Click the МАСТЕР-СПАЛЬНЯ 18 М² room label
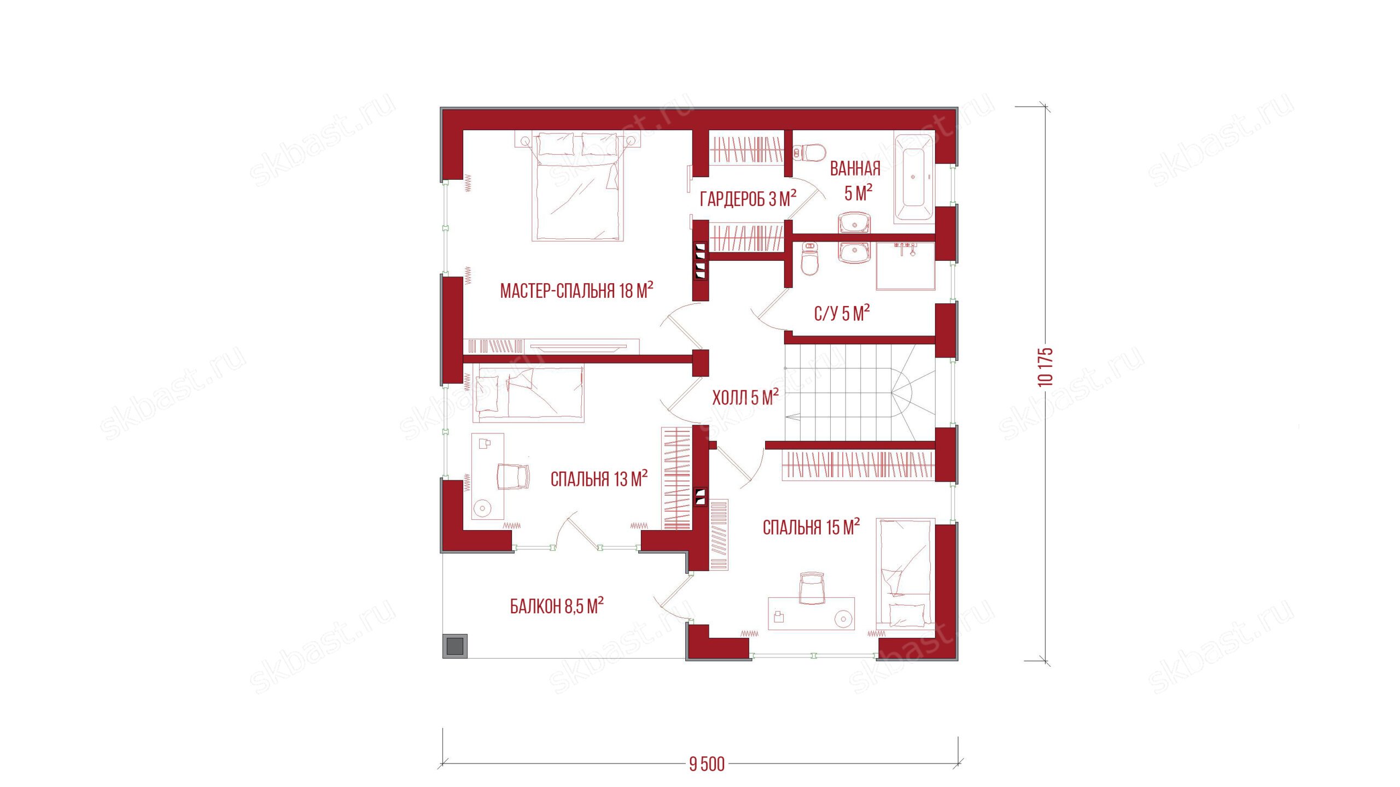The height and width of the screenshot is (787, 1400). (576, 290)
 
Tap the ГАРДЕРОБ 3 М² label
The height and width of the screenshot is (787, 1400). (748, 198)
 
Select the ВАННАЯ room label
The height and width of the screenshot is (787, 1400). (855, 169)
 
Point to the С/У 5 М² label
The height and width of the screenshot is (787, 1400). (842, 313)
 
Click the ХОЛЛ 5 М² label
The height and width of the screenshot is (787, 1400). (745, 397)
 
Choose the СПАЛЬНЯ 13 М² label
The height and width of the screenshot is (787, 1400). (599, 479)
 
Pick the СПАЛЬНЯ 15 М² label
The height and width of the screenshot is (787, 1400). (811, 527)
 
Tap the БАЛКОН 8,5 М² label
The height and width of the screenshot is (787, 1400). (557, 606)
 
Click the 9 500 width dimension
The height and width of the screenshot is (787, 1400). (707, 764)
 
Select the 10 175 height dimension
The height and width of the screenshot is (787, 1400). (1045, 367)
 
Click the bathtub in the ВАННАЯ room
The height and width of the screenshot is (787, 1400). (914, 177)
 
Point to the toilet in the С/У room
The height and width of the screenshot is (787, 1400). (809, 260)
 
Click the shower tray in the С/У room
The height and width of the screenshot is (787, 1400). (905, 266)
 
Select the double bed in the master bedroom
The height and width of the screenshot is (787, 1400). (577, 186)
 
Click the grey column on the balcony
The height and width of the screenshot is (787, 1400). (454, 646)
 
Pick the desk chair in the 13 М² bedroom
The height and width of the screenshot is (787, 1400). (514, 476)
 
